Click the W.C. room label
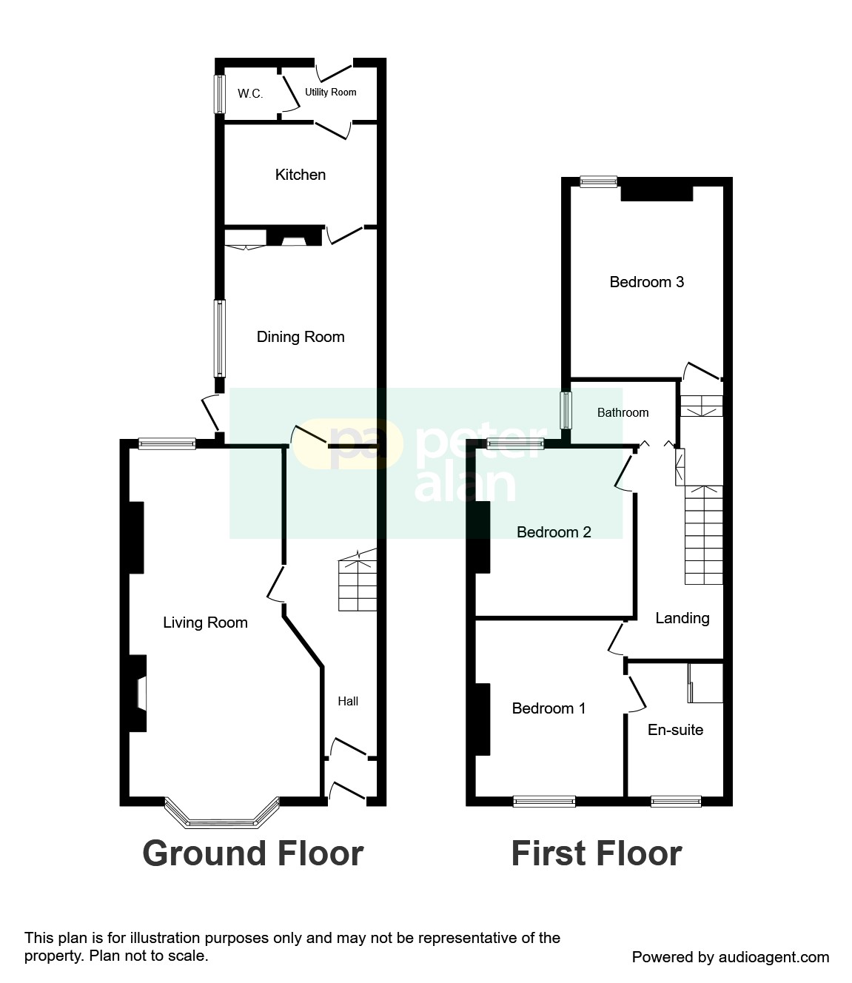click(250, 93)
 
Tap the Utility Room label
click(330, 93)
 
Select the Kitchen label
click(300, 175)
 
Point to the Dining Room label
click(301, 337)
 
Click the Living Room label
click(205, 623)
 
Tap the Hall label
click(348, 701)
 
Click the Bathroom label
click(623, 412)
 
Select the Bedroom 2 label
click(554, 532)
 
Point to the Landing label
click(682, 618)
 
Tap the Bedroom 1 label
click(549, 708)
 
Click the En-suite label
click(675, 730)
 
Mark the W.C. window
click(219, 94)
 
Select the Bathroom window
click(566, 410)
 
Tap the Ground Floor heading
click(252, 853)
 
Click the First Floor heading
click(596, 853)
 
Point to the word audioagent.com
click(774, 957)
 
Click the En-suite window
click(675, 801)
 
